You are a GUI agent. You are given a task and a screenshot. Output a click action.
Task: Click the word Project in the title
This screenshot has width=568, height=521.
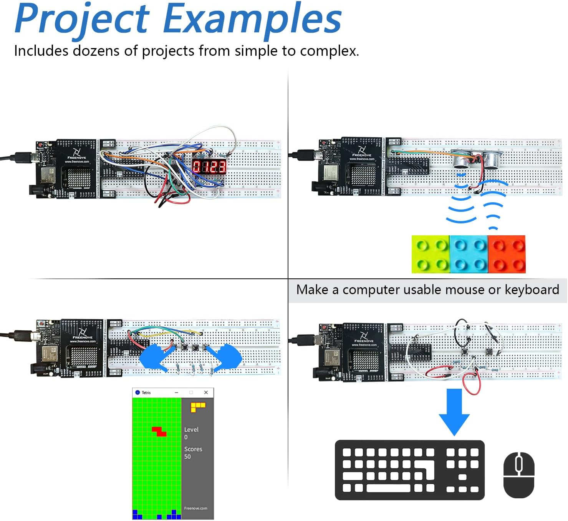pos(81,19)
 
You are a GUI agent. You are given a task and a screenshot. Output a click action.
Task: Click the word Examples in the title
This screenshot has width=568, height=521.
pos(252,19)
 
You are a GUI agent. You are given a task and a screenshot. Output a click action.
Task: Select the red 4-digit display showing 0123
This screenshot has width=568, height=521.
pos(209,166)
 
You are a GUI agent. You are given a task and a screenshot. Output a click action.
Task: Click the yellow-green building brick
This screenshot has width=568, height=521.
pos(431,254)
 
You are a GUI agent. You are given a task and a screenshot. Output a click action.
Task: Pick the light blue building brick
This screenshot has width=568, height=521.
pos(469,254)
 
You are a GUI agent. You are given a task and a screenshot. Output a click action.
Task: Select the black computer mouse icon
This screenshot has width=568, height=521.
pos(519,475)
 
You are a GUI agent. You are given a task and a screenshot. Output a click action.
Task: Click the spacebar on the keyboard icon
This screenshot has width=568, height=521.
pos(388,488)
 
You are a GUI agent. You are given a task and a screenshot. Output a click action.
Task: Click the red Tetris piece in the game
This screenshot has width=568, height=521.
pos(159,431)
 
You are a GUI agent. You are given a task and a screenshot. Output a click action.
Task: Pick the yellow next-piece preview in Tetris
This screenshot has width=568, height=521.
pos(197,407)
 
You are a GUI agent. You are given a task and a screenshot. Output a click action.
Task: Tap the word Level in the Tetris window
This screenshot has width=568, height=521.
pos(191,429)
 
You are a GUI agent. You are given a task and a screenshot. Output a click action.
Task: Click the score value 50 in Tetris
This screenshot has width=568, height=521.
pos(187,456)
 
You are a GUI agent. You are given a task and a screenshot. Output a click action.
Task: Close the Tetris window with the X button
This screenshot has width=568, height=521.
pos(206,392)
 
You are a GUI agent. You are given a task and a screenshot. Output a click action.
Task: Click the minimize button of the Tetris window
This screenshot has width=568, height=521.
pos(177,392)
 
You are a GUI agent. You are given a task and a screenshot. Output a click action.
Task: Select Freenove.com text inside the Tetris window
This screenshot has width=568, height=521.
pos(195,508)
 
